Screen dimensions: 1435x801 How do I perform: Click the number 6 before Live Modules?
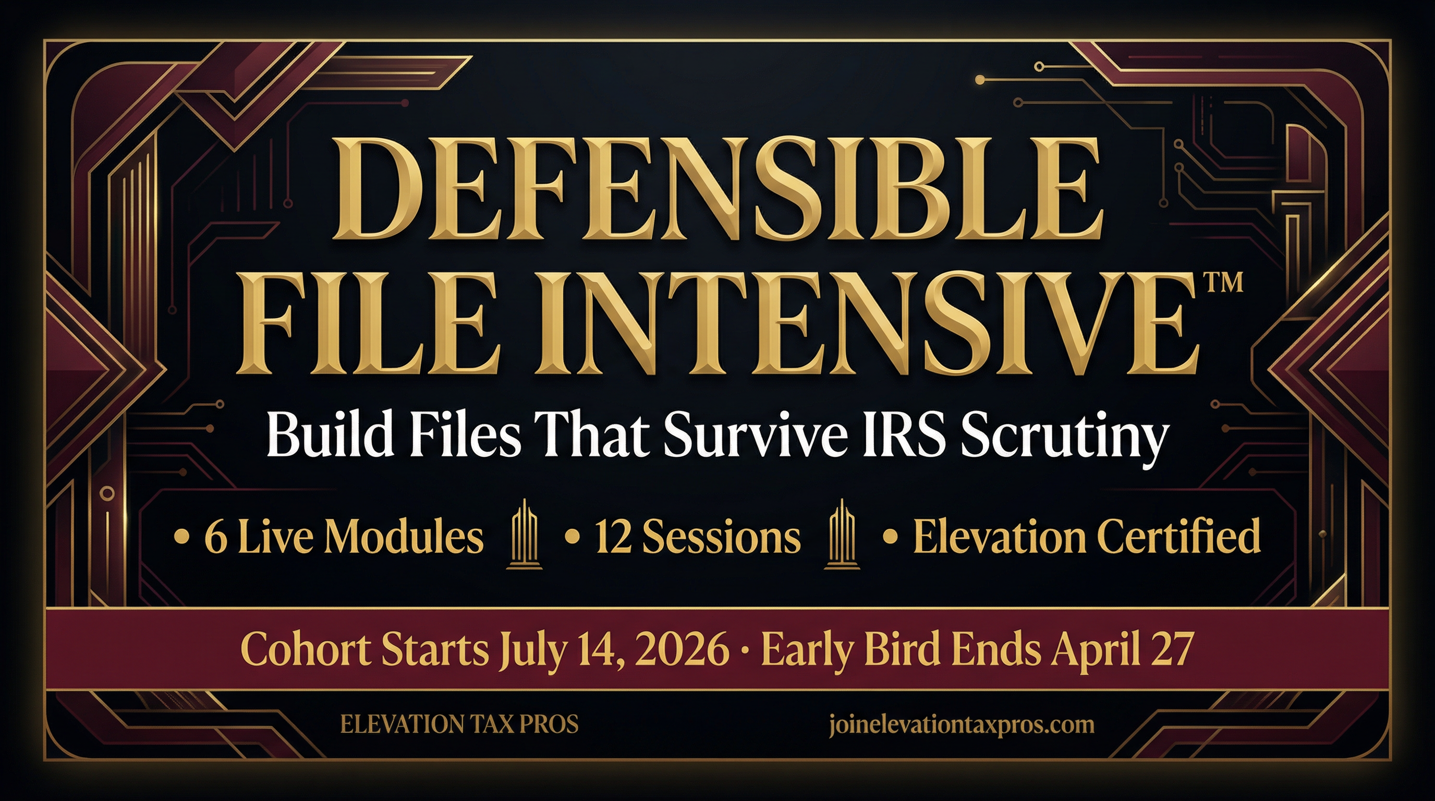click(x=215, y=537)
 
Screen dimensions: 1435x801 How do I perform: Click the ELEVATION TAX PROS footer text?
click(x=459, y=724)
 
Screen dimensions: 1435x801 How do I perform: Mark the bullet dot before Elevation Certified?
click(x=890, y=537)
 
